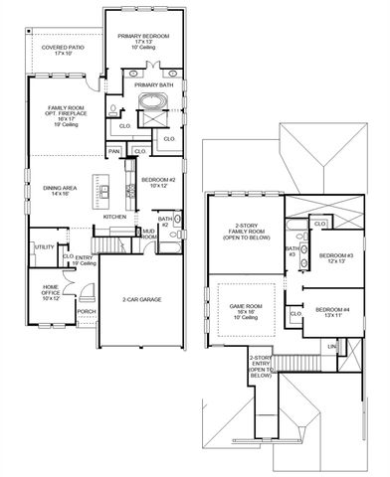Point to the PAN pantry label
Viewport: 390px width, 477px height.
[x=115, y=151]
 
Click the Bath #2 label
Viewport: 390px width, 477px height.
[x=164, y=221]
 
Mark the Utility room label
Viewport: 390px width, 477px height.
[x=44, y=246]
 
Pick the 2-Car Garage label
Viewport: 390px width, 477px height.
[x=142, y=299]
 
